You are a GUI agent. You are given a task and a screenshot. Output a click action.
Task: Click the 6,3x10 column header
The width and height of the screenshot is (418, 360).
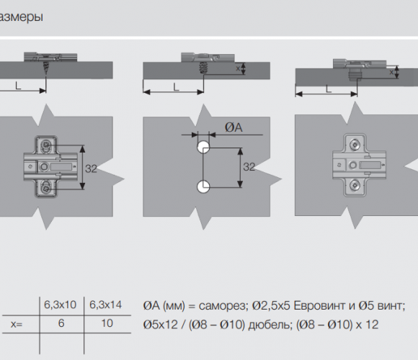pyautogui.click(x=60, y=305)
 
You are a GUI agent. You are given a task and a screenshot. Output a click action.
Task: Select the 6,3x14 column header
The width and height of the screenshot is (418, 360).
pyautogui.click(x=105, y=305)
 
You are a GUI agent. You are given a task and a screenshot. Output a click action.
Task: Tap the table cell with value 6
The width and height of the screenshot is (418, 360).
pyautogui.click(x=61, y=323)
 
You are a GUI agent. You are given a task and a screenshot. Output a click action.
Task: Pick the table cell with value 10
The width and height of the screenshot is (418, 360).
pyautogui.click(x=107, y=323)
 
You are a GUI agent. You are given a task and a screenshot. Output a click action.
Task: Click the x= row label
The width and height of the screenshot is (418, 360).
pyautogui.click(x=17, y=324)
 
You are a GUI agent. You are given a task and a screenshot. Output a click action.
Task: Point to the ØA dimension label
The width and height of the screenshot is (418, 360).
pyautogui.click(x=234, y=127)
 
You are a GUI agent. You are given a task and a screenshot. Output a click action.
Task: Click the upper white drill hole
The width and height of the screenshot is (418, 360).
pyautogui.click(x=203, y=147)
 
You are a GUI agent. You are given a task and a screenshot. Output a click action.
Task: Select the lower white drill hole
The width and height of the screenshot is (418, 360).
pyautogui.click(x=203, y=186)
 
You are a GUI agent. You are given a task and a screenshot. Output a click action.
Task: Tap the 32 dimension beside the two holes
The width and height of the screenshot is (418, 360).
pyautogui.click(x=249, y=167)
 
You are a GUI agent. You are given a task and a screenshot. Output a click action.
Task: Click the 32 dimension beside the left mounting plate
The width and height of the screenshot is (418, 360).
pyautogui.click(x=91, y=168)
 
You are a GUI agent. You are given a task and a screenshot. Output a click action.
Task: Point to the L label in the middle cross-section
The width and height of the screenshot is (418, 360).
pyautogui.click(x=176, y=87)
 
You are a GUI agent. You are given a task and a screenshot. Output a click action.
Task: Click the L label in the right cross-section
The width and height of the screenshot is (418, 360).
pyautogui.click(x=329, y=89)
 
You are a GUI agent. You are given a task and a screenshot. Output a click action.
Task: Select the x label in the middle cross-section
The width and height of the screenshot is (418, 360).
pyautogui.click(x=238, y=68)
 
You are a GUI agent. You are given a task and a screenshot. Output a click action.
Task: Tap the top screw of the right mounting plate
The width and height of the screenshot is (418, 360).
pyautogui.click(x=355, y=145)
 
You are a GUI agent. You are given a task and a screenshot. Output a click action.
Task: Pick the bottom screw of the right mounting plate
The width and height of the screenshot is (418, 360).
pyautogui.click(x=355, y=185)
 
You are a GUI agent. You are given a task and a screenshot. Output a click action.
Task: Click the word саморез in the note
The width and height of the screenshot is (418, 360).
pyautogui.click(x=222, y=306)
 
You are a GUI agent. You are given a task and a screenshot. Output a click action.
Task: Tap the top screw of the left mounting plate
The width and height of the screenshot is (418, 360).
pyautogui.click(x=45, y=145)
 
